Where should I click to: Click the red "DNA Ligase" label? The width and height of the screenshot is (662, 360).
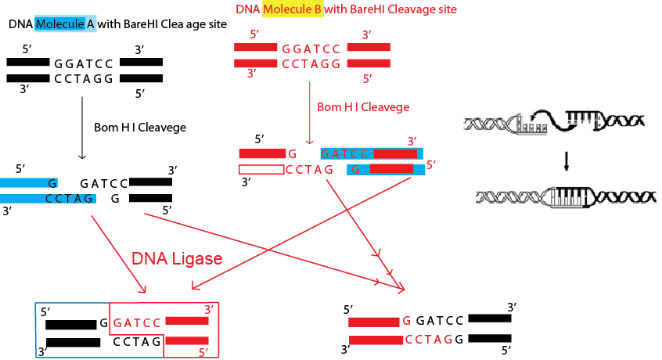point(177,258)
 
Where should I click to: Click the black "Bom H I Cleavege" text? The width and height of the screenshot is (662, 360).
point(140,127)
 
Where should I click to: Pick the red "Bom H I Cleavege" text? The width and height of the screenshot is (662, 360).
point(363,106)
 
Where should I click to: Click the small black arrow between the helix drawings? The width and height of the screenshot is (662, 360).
point(567,160)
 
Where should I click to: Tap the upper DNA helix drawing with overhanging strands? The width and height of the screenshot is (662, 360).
point(553,121)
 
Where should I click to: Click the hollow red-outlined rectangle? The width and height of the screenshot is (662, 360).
point(261,169)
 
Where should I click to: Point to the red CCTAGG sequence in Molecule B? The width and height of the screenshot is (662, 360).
point(311,64)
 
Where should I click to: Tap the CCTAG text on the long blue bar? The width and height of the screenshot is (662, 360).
point(70,199)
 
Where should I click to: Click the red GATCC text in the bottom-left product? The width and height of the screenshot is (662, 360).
point(137,322)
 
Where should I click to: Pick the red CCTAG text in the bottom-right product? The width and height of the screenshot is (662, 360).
point(428,340)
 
